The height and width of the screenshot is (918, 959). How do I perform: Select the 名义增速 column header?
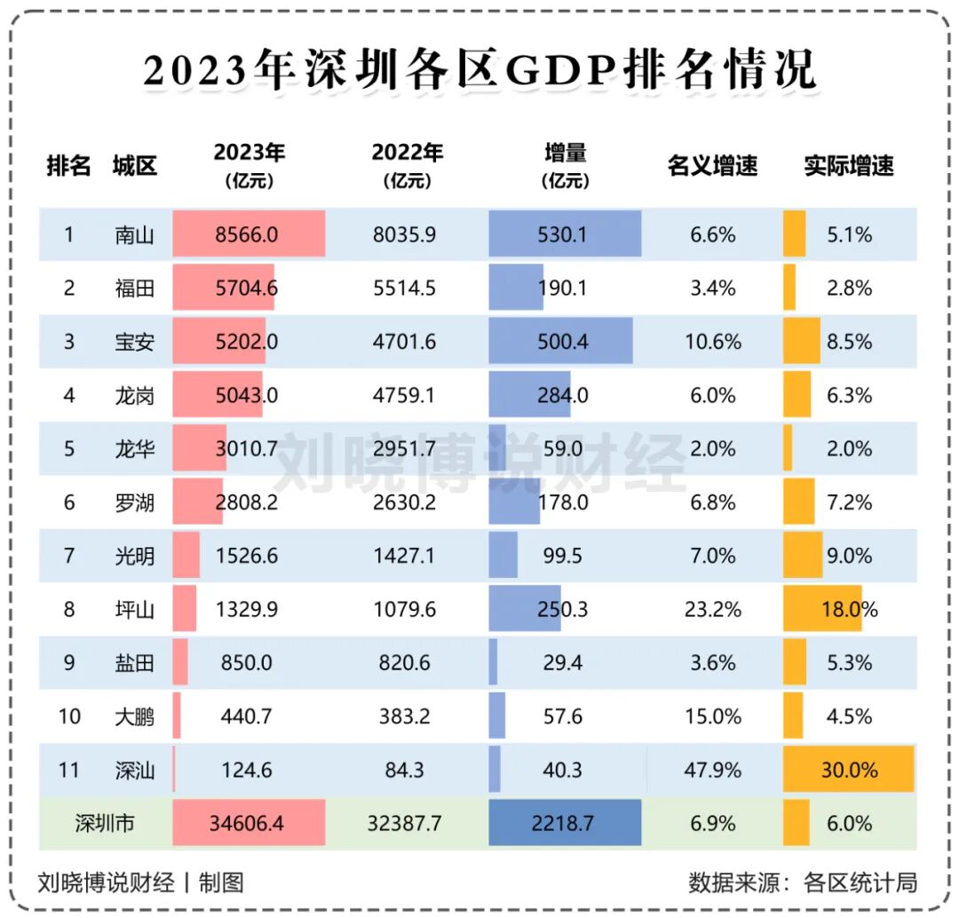pyautogui.click(x=712, y=166)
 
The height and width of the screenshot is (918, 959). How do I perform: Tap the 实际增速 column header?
pyautogui.click(x=849, y=166)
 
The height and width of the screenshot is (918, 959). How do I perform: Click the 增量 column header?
pyautogui.click(x=565, y=165)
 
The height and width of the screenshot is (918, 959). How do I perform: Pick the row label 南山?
pyautogui.click(x=134, y=235)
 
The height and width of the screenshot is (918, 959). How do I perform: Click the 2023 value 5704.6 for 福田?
pyautogui.click(x=246, y=289)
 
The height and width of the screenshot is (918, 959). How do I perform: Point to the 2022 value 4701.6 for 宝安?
pyautogui.click(x=404, y=342)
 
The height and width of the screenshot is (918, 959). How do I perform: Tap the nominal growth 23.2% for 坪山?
pyautogui.click(x=712, y=610)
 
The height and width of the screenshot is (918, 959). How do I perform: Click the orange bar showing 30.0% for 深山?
pyautogui.click(x=848, y=770)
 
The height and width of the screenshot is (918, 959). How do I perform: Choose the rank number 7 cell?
pyautogui.click(x=69, y=556)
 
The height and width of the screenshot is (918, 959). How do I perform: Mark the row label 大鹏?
pyautogui.click(x=134, y=716)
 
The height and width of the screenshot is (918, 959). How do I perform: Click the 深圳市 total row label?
pyautogui.click(x=105, y=824)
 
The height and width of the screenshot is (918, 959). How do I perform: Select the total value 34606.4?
pyautogui.click(x=246, y=824)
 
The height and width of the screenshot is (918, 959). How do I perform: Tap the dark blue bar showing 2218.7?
pyautogui.click(x=565, y=824)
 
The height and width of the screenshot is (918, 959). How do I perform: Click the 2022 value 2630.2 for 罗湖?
pyautogui.click(x=404, y=503)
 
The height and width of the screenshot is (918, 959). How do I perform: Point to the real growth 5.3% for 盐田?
pyautogui.click(x=849, y=663)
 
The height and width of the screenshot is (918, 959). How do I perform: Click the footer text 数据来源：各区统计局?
pyautogui.click(x=803, y=882)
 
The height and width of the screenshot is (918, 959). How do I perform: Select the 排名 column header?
pyautogui.click(x=68, y=166)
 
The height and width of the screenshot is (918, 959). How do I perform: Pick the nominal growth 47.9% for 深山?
pyautogui.click(x=712, y=770)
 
